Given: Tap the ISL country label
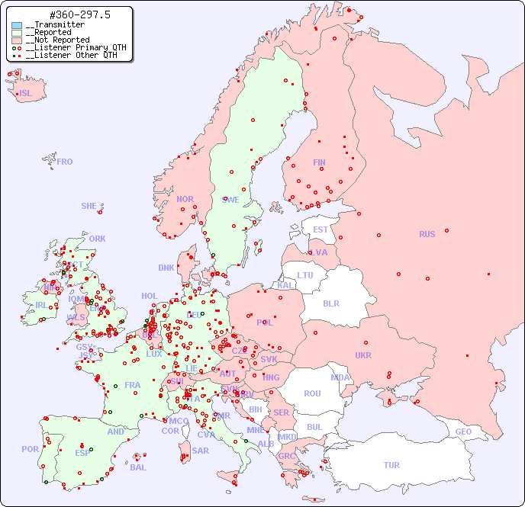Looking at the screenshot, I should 26,94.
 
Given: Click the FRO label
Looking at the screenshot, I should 65,162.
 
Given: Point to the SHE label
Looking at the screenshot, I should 89,206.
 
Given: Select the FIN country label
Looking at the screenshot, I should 319,162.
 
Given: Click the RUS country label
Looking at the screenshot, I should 427,234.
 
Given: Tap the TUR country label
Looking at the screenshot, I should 391,465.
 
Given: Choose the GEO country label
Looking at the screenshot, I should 463,432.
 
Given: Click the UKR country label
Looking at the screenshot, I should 363,355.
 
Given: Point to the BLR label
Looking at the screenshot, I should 330,303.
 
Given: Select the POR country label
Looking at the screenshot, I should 30,449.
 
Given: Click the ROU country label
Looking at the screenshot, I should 312,393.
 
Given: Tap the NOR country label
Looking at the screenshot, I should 185,199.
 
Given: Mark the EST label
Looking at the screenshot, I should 320,229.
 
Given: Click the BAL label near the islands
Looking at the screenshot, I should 138,467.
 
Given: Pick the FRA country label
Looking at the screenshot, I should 133,385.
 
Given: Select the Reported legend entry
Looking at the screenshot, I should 53,33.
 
